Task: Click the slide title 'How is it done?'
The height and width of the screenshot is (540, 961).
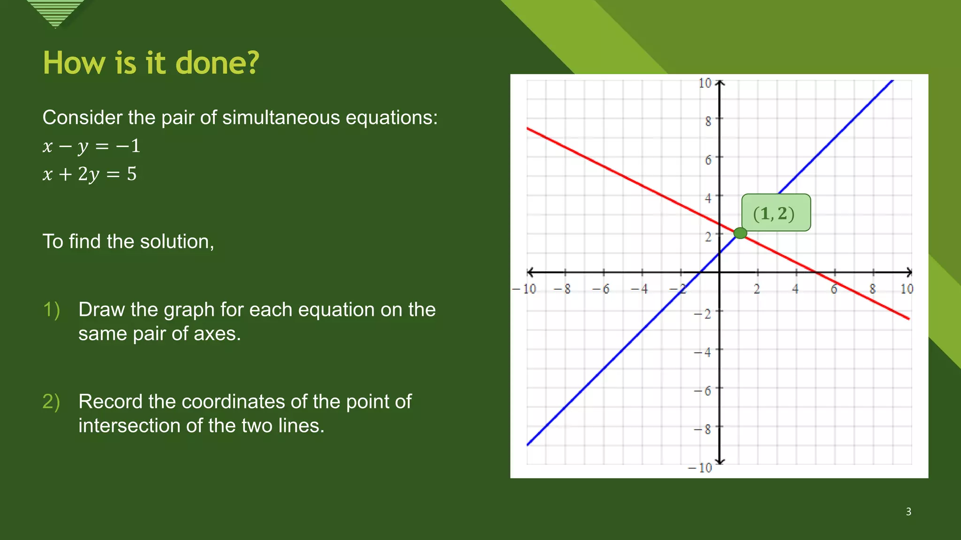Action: [x=151, y=63]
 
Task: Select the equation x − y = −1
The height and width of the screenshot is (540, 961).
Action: [x=92, y=146]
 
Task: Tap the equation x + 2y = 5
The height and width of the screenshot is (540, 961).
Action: [x=90, y=174]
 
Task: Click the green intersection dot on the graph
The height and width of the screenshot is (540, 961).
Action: [x=740, y=233]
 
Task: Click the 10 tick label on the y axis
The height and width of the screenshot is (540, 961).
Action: [x=705, y=83]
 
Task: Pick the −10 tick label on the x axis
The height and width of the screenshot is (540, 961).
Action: [x=525, y=289]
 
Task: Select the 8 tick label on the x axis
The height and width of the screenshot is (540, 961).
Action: [x=872, y=289]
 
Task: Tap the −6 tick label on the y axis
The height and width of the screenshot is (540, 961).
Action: [x=703, y=390]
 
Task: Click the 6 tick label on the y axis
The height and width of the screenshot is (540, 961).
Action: [x=708, y=160]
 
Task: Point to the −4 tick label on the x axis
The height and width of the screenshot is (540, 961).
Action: [x=640, y=289]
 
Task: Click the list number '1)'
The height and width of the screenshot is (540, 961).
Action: [x=51, y=310]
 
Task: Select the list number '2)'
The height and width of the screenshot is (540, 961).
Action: [x=51, y=402]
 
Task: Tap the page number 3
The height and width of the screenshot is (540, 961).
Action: [x=908, y=511]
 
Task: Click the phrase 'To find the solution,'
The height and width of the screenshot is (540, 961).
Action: [x=128, y=241]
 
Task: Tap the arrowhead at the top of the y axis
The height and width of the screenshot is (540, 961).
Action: [x=720, y=82]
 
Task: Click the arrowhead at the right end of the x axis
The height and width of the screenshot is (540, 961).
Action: [x=909, y=272]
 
